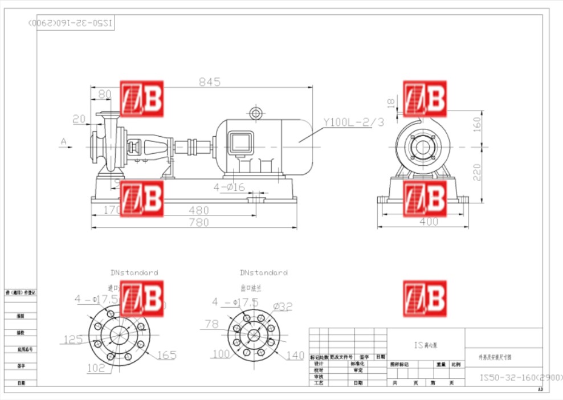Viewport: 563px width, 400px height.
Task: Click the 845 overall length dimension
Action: (x=209, y=82)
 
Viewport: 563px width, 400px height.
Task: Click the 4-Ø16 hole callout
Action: (x=229, y=187)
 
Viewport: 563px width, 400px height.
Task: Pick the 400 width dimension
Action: (x=429, y=222)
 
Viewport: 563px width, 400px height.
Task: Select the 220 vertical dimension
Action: (x=477, y=172)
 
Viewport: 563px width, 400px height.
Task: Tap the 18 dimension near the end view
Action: (x=390, y=103)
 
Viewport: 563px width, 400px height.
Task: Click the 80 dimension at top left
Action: (x=104, y=94)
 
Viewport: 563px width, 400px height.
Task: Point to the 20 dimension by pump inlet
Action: (x=79, y=119)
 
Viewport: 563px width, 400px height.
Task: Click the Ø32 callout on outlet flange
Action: (x=282, y=307)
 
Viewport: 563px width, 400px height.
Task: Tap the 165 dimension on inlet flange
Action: (x=166, y=356)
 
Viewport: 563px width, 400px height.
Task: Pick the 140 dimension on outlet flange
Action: (x=295, y=356)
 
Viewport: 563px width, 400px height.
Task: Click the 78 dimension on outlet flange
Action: (x=211, y=324)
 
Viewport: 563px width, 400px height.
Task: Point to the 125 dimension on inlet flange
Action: (x=73, y=340)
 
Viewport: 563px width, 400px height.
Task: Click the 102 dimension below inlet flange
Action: (x=96, y=368)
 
